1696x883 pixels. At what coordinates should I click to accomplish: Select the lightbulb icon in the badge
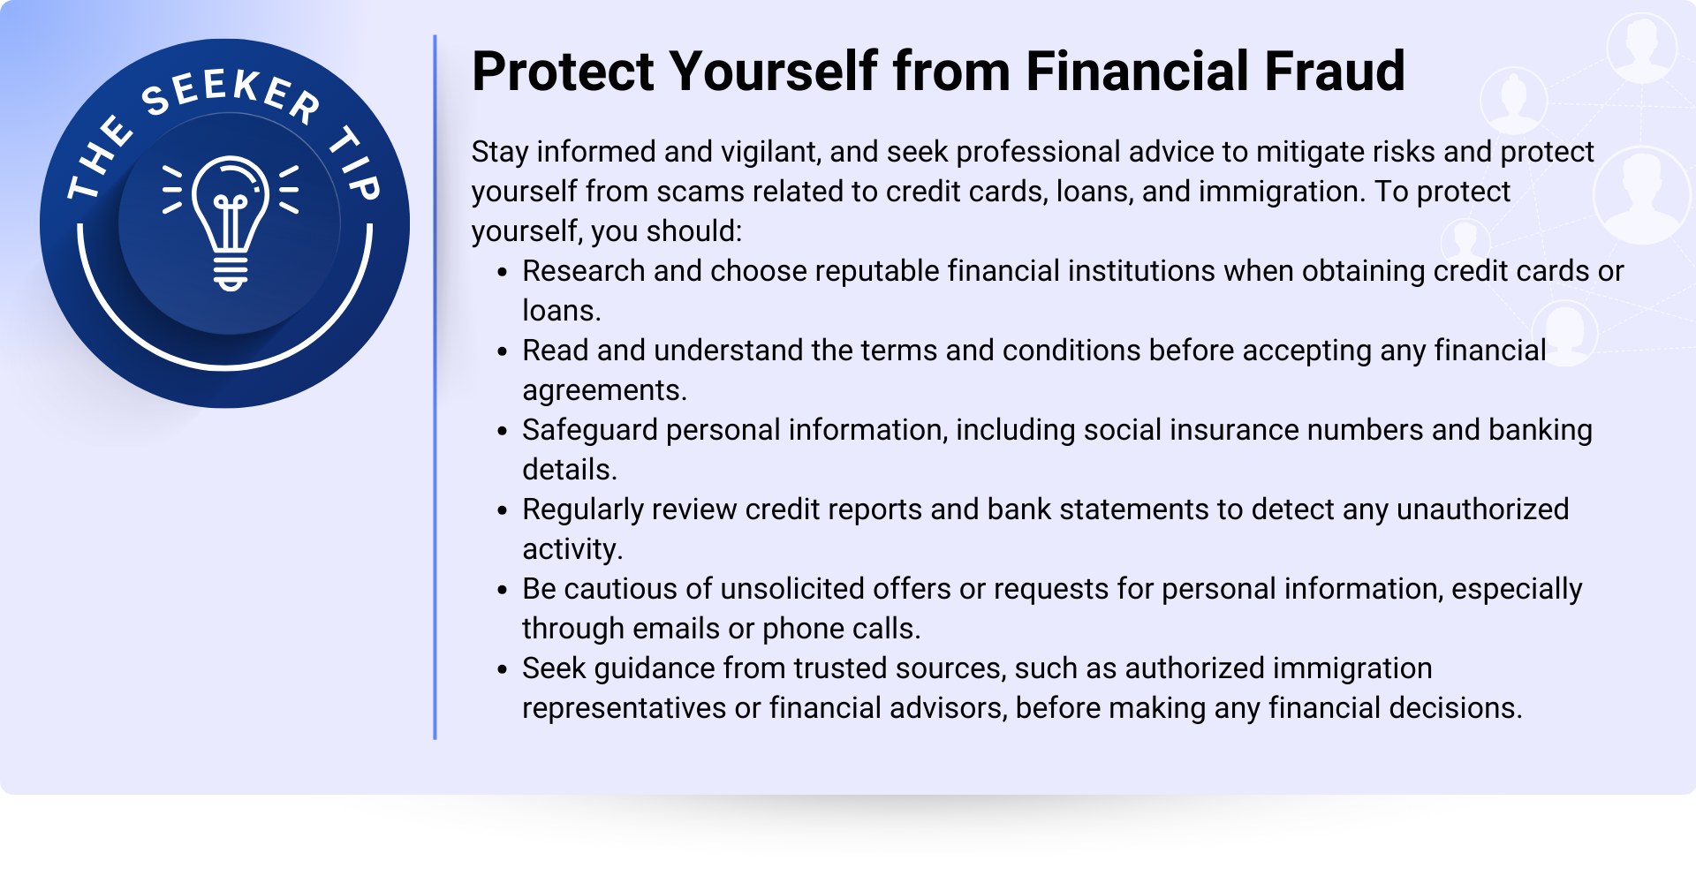coord(231,223)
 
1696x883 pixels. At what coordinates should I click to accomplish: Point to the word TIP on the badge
coord(356,164)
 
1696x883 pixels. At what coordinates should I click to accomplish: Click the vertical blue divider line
coord(435,387)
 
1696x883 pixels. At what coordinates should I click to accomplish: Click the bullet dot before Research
coord(502,273)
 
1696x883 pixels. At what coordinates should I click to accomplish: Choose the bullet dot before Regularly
coord(502,511)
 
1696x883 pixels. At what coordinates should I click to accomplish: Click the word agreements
coord(604,390)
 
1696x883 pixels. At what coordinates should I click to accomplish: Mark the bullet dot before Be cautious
coord(502,591)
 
